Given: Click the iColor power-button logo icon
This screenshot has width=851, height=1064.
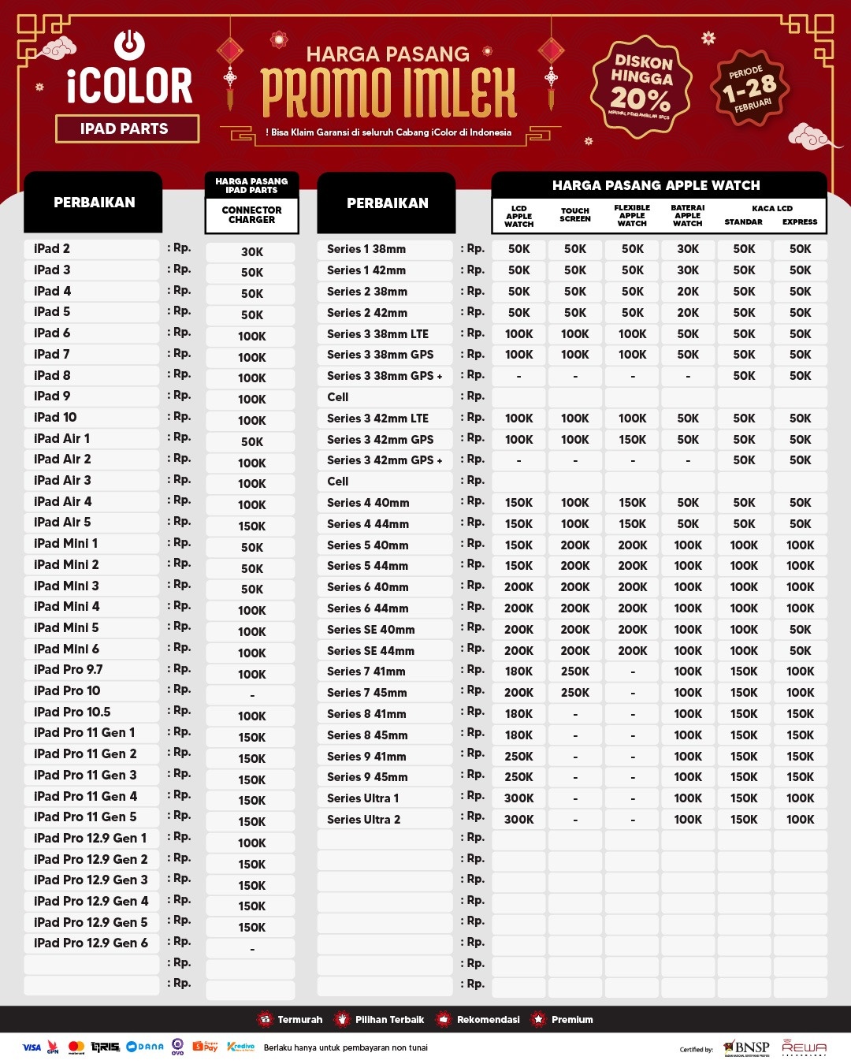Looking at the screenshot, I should [129, 45].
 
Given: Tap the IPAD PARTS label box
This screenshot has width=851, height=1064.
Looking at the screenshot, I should [127, 128].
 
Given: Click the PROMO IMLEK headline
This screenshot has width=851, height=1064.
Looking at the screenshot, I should [388, 93].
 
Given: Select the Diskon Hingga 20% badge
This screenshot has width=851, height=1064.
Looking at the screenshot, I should [641, 86].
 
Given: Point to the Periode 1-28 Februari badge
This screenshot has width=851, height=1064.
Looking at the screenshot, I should [749, 88].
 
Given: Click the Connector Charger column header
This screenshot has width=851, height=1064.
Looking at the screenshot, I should [251, 215].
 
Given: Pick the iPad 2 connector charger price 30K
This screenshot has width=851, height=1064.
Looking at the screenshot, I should [252, 252].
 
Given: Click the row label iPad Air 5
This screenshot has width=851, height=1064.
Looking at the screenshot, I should [62, 522].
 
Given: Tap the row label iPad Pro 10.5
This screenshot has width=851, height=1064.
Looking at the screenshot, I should [72, 712].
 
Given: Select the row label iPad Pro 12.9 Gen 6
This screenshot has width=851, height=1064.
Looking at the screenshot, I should [91, 943].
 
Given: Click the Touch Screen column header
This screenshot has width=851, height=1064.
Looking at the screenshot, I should [575, 215].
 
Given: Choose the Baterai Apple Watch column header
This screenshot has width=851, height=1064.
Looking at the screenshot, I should [688, 215].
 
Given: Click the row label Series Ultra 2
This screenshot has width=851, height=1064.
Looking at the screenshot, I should [363, 820].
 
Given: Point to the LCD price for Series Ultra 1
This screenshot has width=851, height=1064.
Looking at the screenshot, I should [519, 798].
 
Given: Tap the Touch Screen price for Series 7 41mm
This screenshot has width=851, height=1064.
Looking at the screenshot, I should [575, 672].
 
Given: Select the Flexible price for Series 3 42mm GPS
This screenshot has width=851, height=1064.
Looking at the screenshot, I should [632, 440].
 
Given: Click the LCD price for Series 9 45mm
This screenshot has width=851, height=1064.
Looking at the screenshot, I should [519, 777].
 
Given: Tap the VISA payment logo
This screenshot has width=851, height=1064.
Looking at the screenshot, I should [32, 1047].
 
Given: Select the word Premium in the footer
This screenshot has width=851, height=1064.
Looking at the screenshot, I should [572, 1020].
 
